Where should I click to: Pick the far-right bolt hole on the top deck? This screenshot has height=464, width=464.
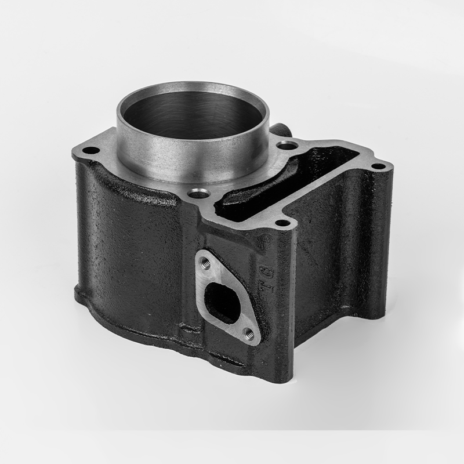pyautogui.click(x=378, y=167)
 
